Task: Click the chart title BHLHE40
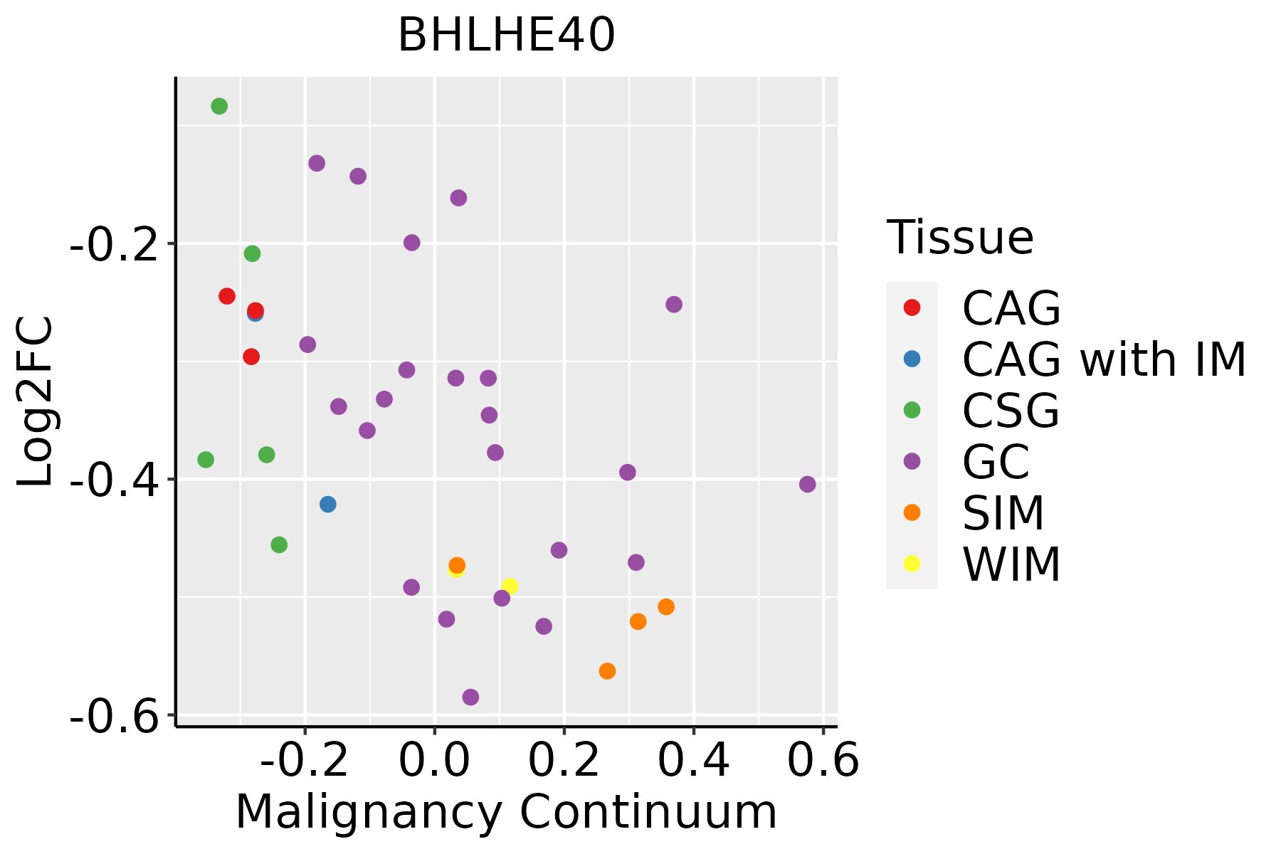click(x=506, y=36)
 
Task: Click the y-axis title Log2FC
click(x=36, y=401)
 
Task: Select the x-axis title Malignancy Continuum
click(x=506, y=813)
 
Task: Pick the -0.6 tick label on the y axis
click(x=113, y=716)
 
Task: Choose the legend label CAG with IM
click(x=1104, y=359)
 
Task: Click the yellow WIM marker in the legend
click(x=912, y=564)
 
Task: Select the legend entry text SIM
click(x=1003, y=513)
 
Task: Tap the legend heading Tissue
click(x=960, y=238)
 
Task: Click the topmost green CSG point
click(x=219, y=106)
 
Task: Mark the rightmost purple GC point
click(x=807, y=485)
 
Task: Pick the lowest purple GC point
click(x=470, y=697)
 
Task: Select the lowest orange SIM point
click(x=607, y=671)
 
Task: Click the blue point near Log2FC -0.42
click(x=328, y=505)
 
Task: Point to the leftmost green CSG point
click(x=206, y=460)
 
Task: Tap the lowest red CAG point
click(x=251, y=357)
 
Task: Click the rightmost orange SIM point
click(x=666, y=607)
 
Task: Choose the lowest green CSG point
click(x=279, y=545)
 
